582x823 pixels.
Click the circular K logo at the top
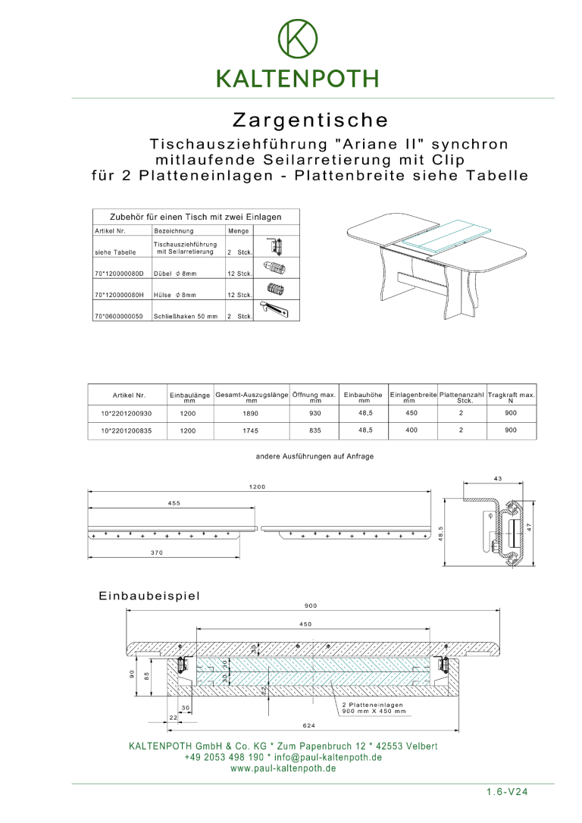click(298, 39)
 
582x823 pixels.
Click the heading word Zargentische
click(310, 120)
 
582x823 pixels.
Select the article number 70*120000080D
click(119, 274)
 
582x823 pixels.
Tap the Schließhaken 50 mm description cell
click(186, 316)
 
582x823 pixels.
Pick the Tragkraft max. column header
click(511, 397)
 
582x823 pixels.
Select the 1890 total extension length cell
click(252, 414)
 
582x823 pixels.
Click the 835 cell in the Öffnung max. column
click(315, 430)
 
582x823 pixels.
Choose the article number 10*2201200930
click(127, 414)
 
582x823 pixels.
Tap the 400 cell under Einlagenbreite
click(411, 430)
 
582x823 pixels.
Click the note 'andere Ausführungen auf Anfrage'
click(314, 457)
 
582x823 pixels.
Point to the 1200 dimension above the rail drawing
click(257, 487)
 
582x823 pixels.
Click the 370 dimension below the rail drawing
click(156, 553)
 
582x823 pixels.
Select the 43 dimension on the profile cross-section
click(497, 479)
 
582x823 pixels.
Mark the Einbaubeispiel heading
click(149, 596)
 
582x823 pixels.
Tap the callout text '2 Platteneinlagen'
click(372, 705)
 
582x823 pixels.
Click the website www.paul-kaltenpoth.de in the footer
click(283, 768)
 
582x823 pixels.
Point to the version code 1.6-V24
click(507, 792)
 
